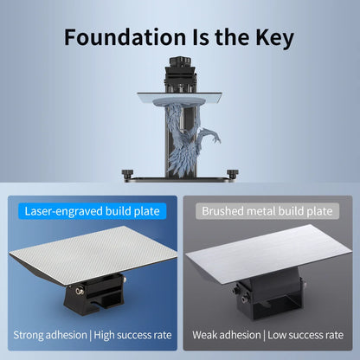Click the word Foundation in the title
(125, 37)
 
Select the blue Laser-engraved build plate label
(93, 211)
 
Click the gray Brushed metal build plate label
(267, 211)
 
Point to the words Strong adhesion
(50, 335)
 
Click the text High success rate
(132, 335)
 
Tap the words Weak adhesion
(227, 335)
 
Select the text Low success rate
(305, 335)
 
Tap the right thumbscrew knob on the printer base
(233, 174)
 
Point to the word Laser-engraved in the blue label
(63, 211)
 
